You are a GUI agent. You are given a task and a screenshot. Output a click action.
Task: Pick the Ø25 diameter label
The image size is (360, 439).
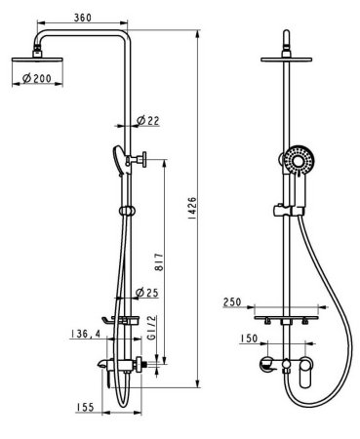pos(147,294)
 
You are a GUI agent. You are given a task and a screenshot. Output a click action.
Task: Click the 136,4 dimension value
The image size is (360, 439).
pos(84,334)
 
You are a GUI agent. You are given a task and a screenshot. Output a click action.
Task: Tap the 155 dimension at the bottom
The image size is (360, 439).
pos(88,408)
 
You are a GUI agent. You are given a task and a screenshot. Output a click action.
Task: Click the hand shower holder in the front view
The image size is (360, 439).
pos(283,209)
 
